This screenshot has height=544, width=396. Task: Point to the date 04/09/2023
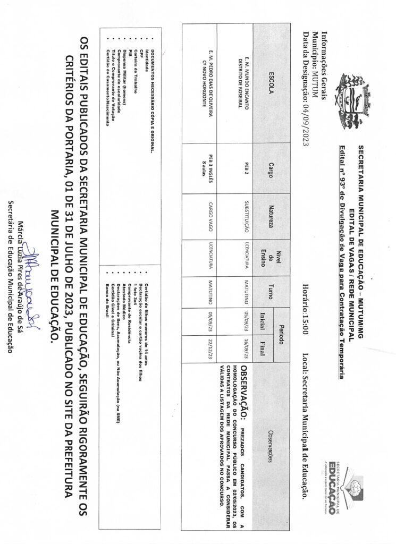305,113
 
